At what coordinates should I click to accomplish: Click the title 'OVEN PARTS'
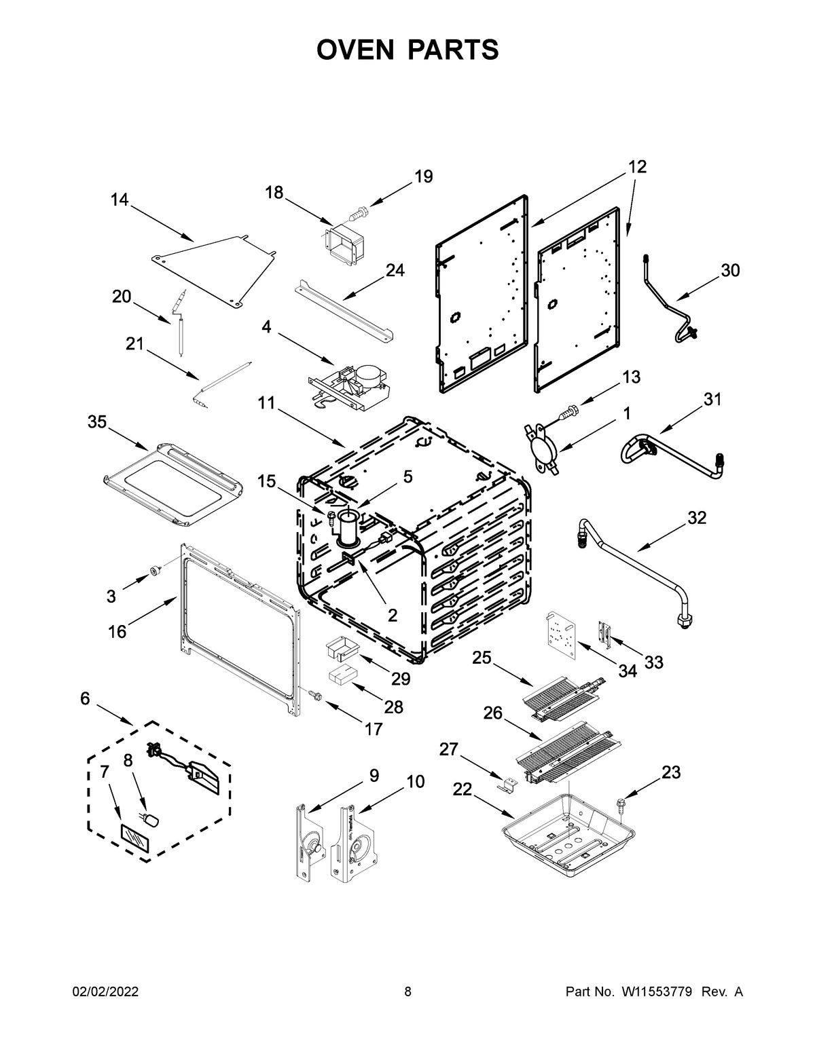[407, 50]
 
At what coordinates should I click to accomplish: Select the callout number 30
[729, 270]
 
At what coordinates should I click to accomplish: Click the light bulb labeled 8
[153, 821]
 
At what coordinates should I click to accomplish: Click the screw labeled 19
[357, 213]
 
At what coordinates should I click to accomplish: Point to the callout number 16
[117, 631]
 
